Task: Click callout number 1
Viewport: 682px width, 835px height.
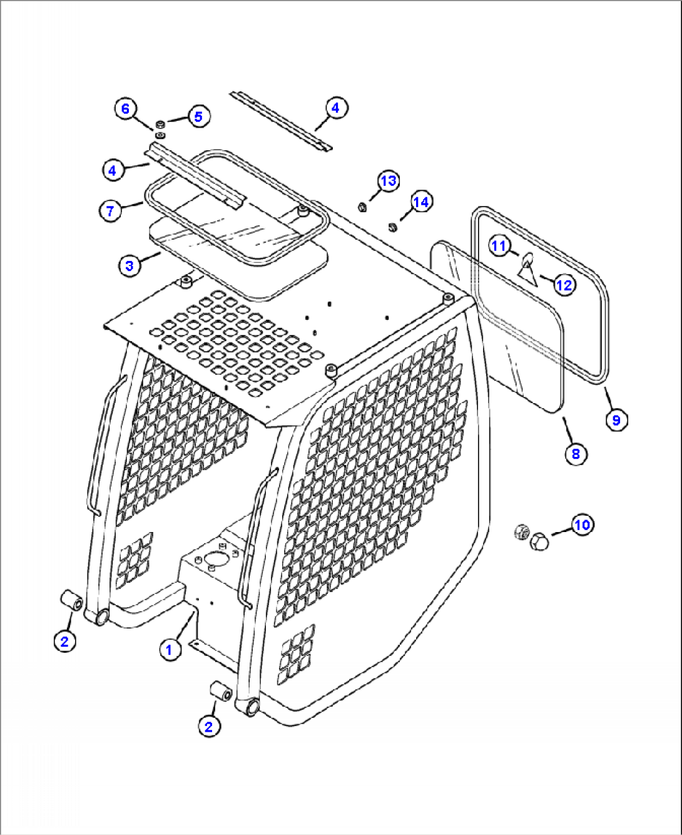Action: point(169,650)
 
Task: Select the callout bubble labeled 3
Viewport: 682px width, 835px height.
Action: point(130,265)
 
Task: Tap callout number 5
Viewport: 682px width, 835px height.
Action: point(198,116)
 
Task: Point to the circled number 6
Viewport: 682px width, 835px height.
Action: point(125,109)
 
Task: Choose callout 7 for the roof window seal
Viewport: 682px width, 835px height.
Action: point(110,211)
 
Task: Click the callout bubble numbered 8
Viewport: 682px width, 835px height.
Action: point(576,453)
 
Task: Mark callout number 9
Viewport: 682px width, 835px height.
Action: point(616,419)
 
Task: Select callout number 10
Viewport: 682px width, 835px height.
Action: point(582,525)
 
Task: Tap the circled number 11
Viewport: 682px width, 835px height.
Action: point(498,246)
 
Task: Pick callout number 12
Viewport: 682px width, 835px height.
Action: point(564,285)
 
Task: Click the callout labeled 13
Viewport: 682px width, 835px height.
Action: point(389,181)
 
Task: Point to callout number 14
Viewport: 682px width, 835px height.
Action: point(421,202)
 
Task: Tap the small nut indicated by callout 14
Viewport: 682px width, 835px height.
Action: point(392,227)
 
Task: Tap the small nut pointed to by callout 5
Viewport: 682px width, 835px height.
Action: point(160,124)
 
